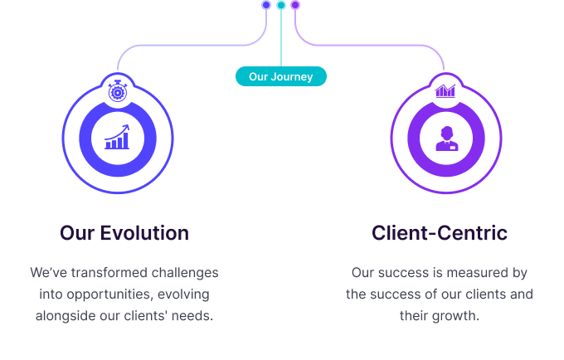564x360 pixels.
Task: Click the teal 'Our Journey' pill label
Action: [x=281, y=77]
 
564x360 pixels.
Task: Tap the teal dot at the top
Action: [x=281, y=5]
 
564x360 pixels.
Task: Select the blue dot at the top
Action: [x=266, y=5]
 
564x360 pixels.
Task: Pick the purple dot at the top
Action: [x=295, y=5]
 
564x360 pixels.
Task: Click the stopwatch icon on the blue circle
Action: [x=118, y=90]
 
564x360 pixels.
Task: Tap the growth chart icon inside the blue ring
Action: [x=118, y=138]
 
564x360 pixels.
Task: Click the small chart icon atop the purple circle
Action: [x=446, y=90]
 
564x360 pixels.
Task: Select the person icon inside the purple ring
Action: [x=446, y=138]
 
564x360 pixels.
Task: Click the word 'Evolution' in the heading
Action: [x=144, y=233]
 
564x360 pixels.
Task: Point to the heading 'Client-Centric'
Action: [x=439, y=233]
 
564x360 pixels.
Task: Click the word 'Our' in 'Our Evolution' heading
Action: [x=77, y=233]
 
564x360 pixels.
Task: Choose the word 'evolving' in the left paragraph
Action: [x=184, y=294]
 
